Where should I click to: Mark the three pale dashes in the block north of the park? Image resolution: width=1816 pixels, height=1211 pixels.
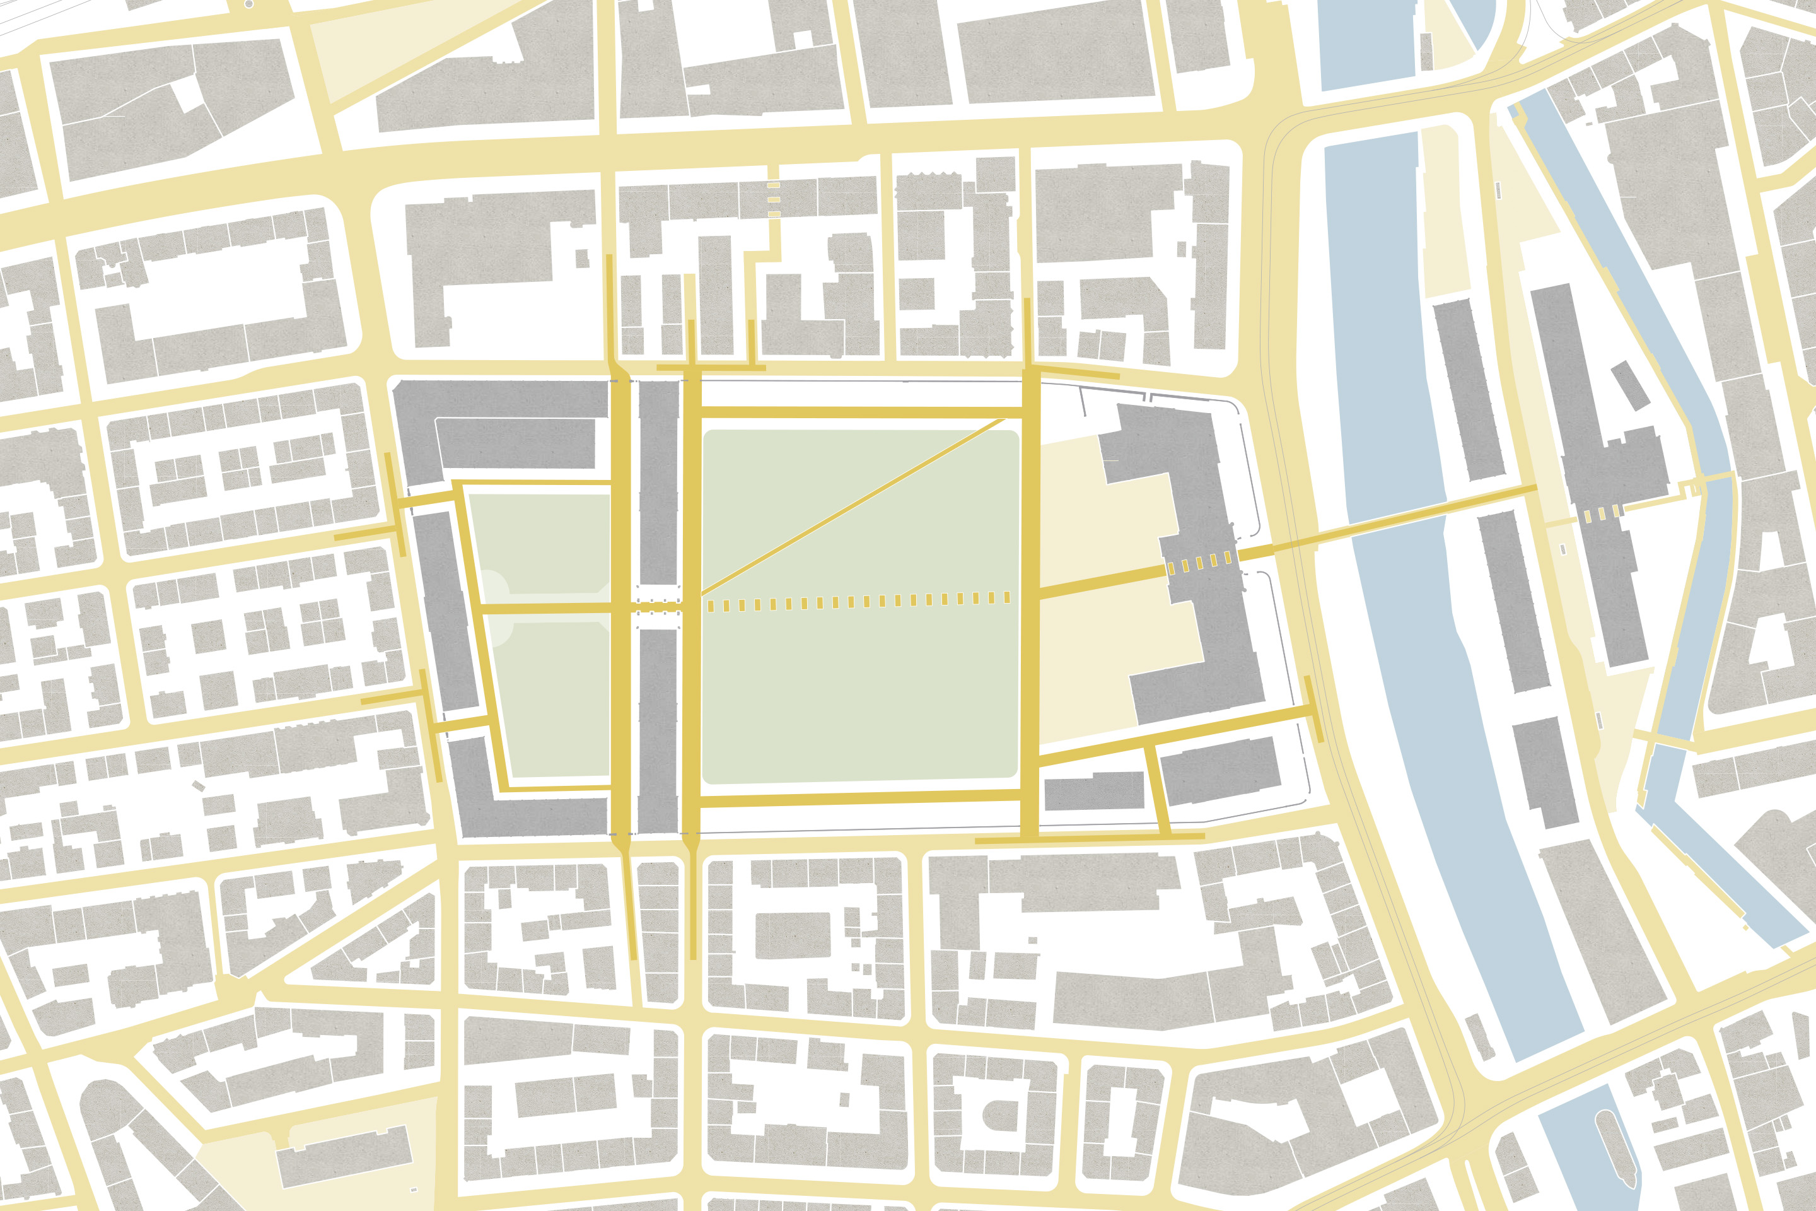pos(774,200)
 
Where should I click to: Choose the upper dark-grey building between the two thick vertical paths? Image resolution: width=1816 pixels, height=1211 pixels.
pos(658,483)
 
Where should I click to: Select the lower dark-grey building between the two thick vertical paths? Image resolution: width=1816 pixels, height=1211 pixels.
pos(658,730)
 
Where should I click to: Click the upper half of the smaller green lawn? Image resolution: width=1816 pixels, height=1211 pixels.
pos(540,544)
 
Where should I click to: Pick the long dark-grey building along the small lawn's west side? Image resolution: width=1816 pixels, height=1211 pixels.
pos(446,610)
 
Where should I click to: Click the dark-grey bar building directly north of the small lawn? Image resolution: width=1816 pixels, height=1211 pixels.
pos(516,444)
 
